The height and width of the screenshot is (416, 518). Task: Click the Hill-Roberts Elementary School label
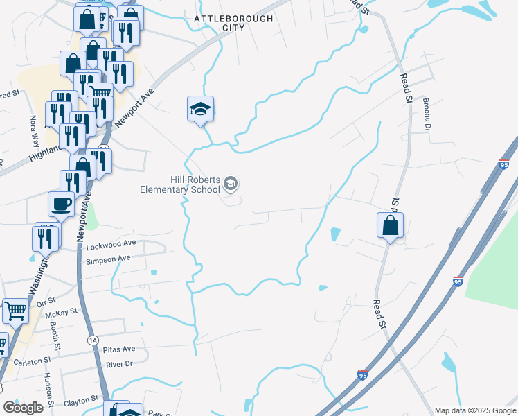click(x=180, y=184)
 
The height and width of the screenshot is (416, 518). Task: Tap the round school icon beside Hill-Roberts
click(x=231, y=184)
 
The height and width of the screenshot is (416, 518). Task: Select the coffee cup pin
click(x=61, y=205)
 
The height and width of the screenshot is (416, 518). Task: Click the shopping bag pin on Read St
click(x=391, y=225)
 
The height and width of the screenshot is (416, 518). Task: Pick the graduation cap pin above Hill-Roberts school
click(x=200, y=109)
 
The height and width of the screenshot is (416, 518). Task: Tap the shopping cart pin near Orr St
click(x=15, y=311)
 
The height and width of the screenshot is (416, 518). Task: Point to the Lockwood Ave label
click(x=111, y=244)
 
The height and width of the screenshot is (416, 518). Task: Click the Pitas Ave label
click(x=120, y=349)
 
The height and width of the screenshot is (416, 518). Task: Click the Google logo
click(x=24, y=407)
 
